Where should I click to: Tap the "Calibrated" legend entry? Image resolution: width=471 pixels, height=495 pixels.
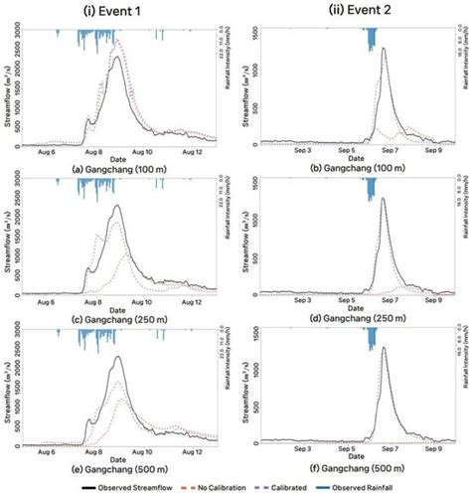[x=310, y=486]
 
